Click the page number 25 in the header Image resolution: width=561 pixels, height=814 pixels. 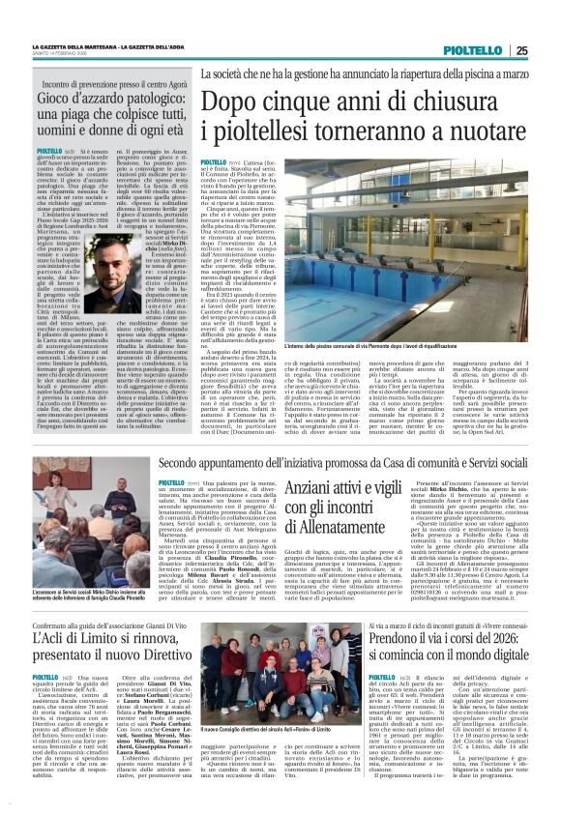[546, 50]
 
